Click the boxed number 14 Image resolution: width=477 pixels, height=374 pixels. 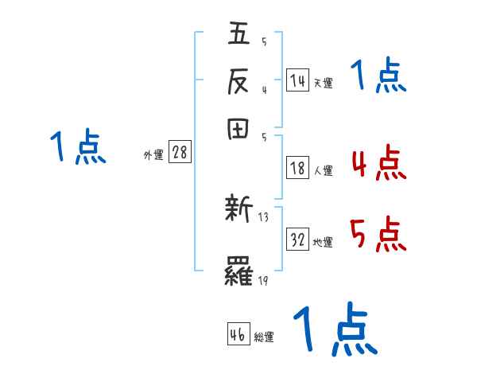pyautogui.click(x=297, y=80)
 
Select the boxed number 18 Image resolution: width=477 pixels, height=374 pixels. pyautogui.click(x=297, y=168)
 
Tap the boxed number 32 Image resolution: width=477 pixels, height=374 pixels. pyautogui.click(x=298, y=240)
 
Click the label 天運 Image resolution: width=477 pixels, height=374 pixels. pyautogui.click(x=323, y=83)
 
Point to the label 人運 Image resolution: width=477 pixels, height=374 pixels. pyautogui.click(x=323, y=170)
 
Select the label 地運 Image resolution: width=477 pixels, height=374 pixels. pyautogui.click(x=323, y=243)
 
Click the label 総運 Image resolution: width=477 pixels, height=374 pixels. pyautogui.click(x=264, y=337)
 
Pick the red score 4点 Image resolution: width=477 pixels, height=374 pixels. pyautogui.click(x=378, y=164)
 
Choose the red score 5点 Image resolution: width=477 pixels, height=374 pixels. pyautogui.click(x=378, y=236)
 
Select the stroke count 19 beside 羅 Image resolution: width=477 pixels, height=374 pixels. pyautogui.click(x=264, y=281)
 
